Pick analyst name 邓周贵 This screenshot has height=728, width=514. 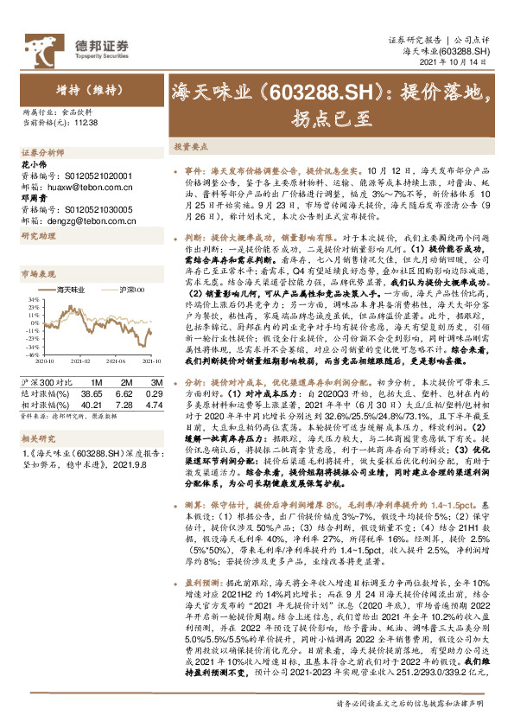[34, 197]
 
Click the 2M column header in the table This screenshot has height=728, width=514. [124, 381]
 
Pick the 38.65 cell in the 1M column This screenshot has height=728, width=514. [91, 392]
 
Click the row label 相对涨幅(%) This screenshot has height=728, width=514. [41, 402]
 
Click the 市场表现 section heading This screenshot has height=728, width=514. [36, 273]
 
